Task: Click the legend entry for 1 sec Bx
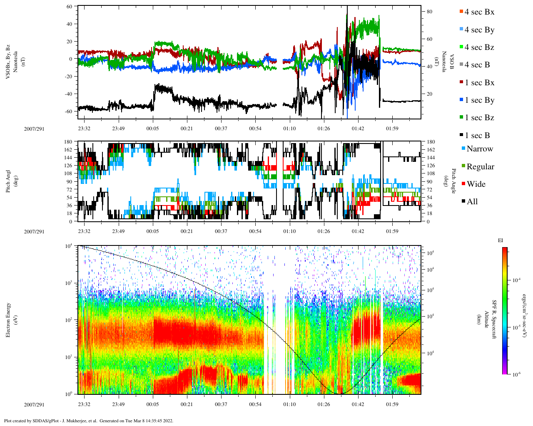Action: pos(479,83)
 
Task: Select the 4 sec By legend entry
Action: pos(479,30)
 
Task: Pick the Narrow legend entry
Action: pos(479,149)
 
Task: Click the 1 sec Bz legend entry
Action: pos(479,118)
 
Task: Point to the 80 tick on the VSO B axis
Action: pos(429,12)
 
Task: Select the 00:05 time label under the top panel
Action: pos(152,128)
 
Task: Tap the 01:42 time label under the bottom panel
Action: pos(358,404)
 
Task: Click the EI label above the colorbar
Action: pos(501,240)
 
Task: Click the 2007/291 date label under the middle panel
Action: pos(34,232)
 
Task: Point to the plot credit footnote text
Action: pos(89,421)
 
